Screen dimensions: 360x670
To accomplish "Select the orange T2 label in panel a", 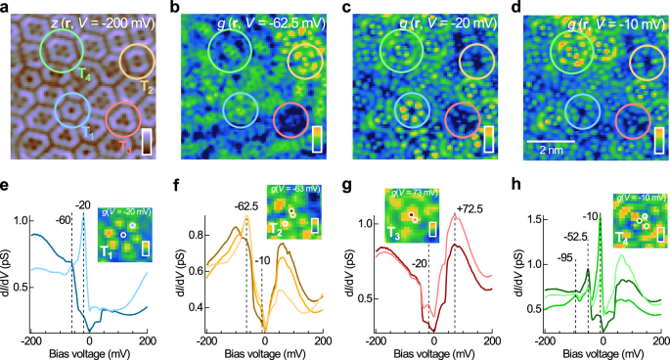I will coord(147,88).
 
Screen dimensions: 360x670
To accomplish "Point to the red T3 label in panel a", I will coord(123,147).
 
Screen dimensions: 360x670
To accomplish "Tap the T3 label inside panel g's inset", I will coord(394,234).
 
